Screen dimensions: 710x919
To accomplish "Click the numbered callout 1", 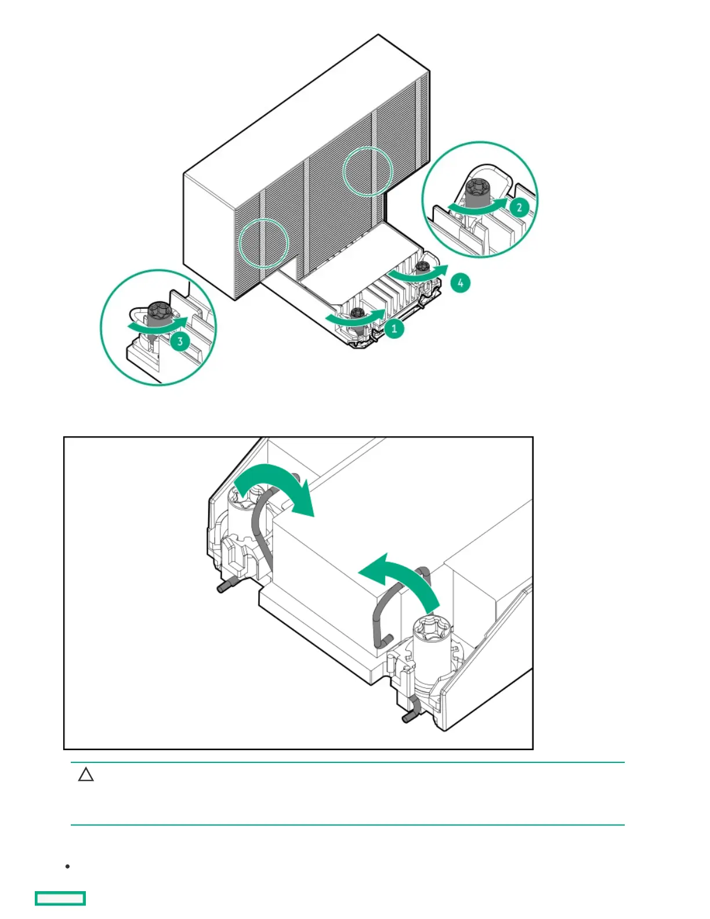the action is pyautogui.click(x=394, y=329).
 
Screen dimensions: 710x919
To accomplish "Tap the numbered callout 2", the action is pyautogui.click(x=519, y=207).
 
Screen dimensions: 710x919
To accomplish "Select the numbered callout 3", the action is pyautogui.click(x=180, y=341).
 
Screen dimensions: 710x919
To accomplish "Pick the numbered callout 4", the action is pyautogui.click(x=460, y=283).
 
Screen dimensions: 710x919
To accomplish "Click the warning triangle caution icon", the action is pyautogui.click(x=86, y=775).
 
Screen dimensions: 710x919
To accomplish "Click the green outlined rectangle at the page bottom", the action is pyautogui.click(x=60, y=898).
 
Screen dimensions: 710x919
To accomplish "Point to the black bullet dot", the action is pyautogui.click(x=68, y=866).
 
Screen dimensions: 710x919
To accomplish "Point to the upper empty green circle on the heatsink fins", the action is pyautogui.click(x=368, y=171).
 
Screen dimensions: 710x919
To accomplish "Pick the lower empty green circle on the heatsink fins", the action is pyautogui.click(x=264, y=243).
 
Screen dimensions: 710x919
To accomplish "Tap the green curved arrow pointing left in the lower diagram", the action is pyautogui.click(x=400, y=580).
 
